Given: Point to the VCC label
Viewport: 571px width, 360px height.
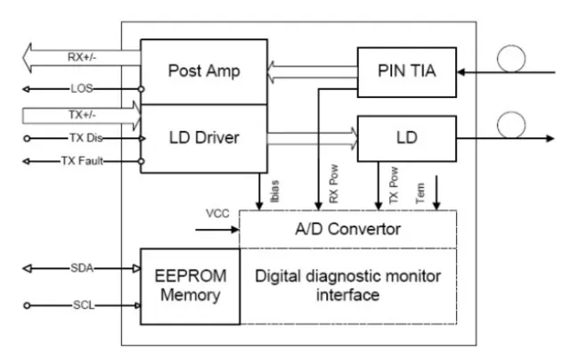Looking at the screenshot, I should click(x=217, y=215).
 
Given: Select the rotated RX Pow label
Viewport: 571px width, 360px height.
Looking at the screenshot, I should click(x=333, y=189).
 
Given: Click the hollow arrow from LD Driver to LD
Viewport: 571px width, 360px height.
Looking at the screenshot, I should click(x=312, y=136).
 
